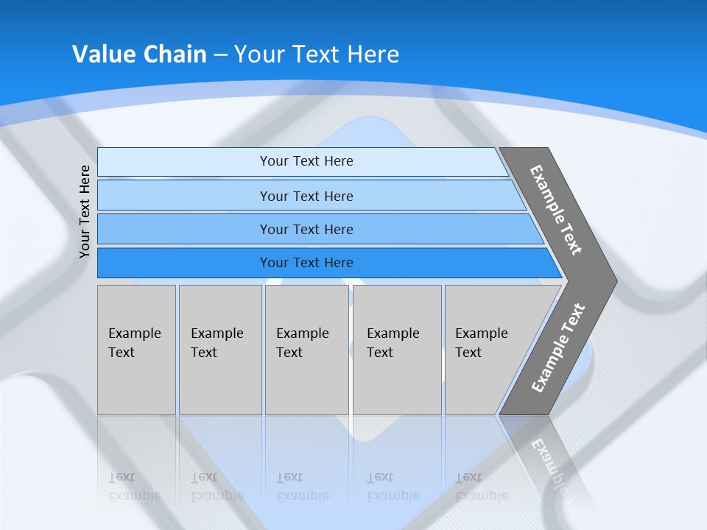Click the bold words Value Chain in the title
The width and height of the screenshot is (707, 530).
pos(139,54)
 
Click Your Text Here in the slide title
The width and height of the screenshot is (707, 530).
pos(317,54)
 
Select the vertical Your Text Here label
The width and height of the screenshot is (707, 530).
pos(85,211)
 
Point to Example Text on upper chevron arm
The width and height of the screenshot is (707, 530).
pos(556,210)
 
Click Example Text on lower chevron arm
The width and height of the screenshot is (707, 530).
pos(558,347)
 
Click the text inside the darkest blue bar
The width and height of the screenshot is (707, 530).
pos(306,263)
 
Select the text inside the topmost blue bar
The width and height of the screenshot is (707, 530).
pos(306,161)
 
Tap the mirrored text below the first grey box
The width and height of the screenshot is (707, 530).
pos(135,487)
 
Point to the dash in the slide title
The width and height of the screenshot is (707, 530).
pos(220,54)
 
